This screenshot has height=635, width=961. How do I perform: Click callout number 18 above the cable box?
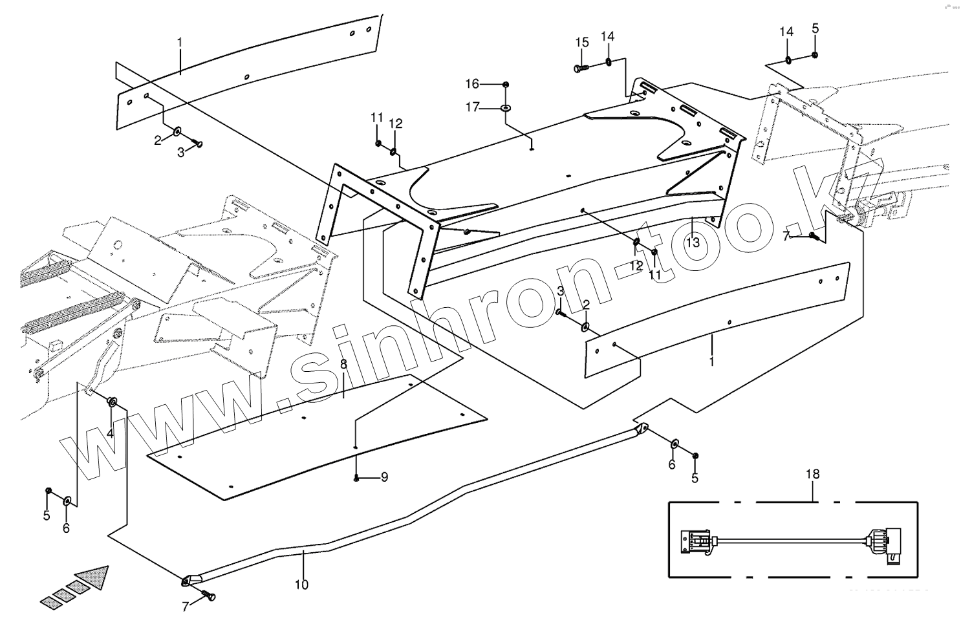click(x=812, y=474)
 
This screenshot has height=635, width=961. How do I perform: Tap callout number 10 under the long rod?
click(x=301, y=585)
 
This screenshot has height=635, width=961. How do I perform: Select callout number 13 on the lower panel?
click(x=693, y=242)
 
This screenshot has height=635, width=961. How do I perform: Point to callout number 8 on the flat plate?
click(x=343, y=365)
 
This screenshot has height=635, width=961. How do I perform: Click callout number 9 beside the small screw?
click(x=384, y=478)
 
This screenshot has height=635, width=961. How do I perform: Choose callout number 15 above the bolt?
click(x=582, y=43)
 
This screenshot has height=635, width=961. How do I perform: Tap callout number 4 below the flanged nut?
click(x=111, y=433)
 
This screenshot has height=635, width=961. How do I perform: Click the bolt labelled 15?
click(x=579, y=68)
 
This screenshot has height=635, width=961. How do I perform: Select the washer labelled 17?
click(x=505, y=107)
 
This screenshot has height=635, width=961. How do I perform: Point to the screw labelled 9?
click(x=357, y=478)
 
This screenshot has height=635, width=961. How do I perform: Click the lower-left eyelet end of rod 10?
click(x=187, y=581)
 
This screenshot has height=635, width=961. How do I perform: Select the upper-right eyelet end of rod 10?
click(x=642, y=428)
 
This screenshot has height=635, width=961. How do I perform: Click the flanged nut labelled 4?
click(x=112, y=402)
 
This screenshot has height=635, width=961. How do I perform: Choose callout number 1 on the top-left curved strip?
click(x=180, y=43)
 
